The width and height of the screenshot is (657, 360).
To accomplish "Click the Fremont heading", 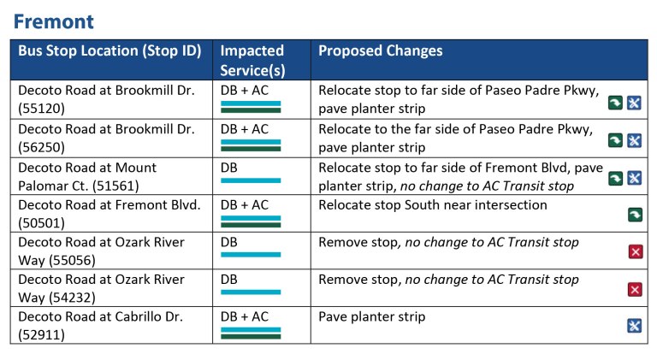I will click(x=55, y=21).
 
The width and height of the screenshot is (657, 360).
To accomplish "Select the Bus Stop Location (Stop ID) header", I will click(x=109, y=51).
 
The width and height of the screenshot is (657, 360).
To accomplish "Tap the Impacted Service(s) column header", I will click(x=252, y=61).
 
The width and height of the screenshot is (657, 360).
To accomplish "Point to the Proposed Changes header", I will click(x=380, y=51).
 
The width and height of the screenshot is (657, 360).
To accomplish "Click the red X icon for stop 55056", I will click(x=635, y=251).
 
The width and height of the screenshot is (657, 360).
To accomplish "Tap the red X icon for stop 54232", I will click(x=635, y=289).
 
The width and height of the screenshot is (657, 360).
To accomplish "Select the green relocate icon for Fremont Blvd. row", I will click(x=635, y=214).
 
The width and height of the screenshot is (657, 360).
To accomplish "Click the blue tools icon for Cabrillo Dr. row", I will click(x=635, y=326).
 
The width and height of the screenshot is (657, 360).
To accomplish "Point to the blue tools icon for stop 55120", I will click(x=635, y=103).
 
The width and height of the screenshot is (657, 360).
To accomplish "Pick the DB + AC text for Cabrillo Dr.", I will click(x=245, y=316).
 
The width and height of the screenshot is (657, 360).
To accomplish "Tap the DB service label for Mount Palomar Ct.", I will click(x=229, y=168).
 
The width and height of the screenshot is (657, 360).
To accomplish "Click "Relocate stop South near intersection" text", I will click(x=432, y=205).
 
